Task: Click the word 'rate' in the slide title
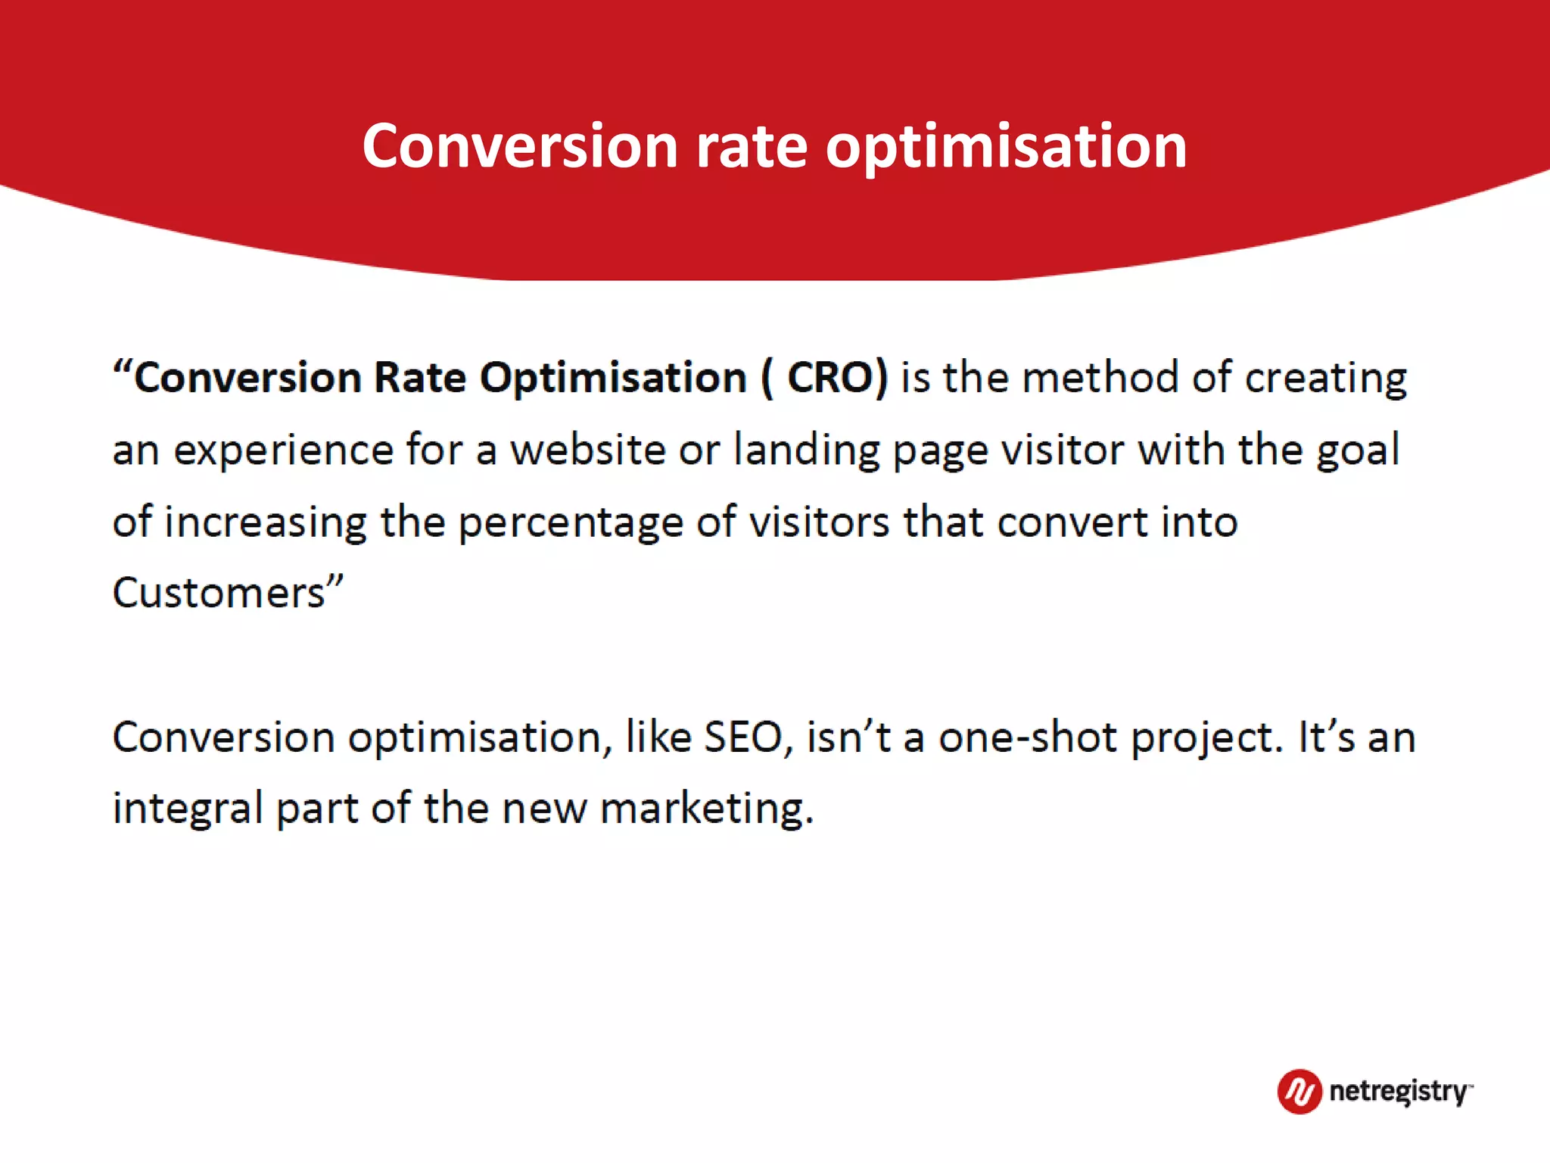click(x=751, y=146)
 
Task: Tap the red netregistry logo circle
click(x=1299, y=1091)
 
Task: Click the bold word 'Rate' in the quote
click(x=420, y=377)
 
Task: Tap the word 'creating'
click(x=1326, y=379)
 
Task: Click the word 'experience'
click(x=284, y=451)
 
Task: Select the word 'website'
click(x=587, y=450)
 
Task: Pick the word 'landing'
click(x=807, y=451)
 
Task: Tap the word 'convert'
click(x=1072, y=522)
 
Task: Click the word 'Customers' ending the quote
click(x=219, y=593)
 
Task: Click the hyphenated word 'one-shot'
click(x=1027, y=737)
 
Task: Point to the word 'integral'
click(x=187, y=809)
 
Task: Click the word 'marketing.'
click(x=707, y=809)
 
